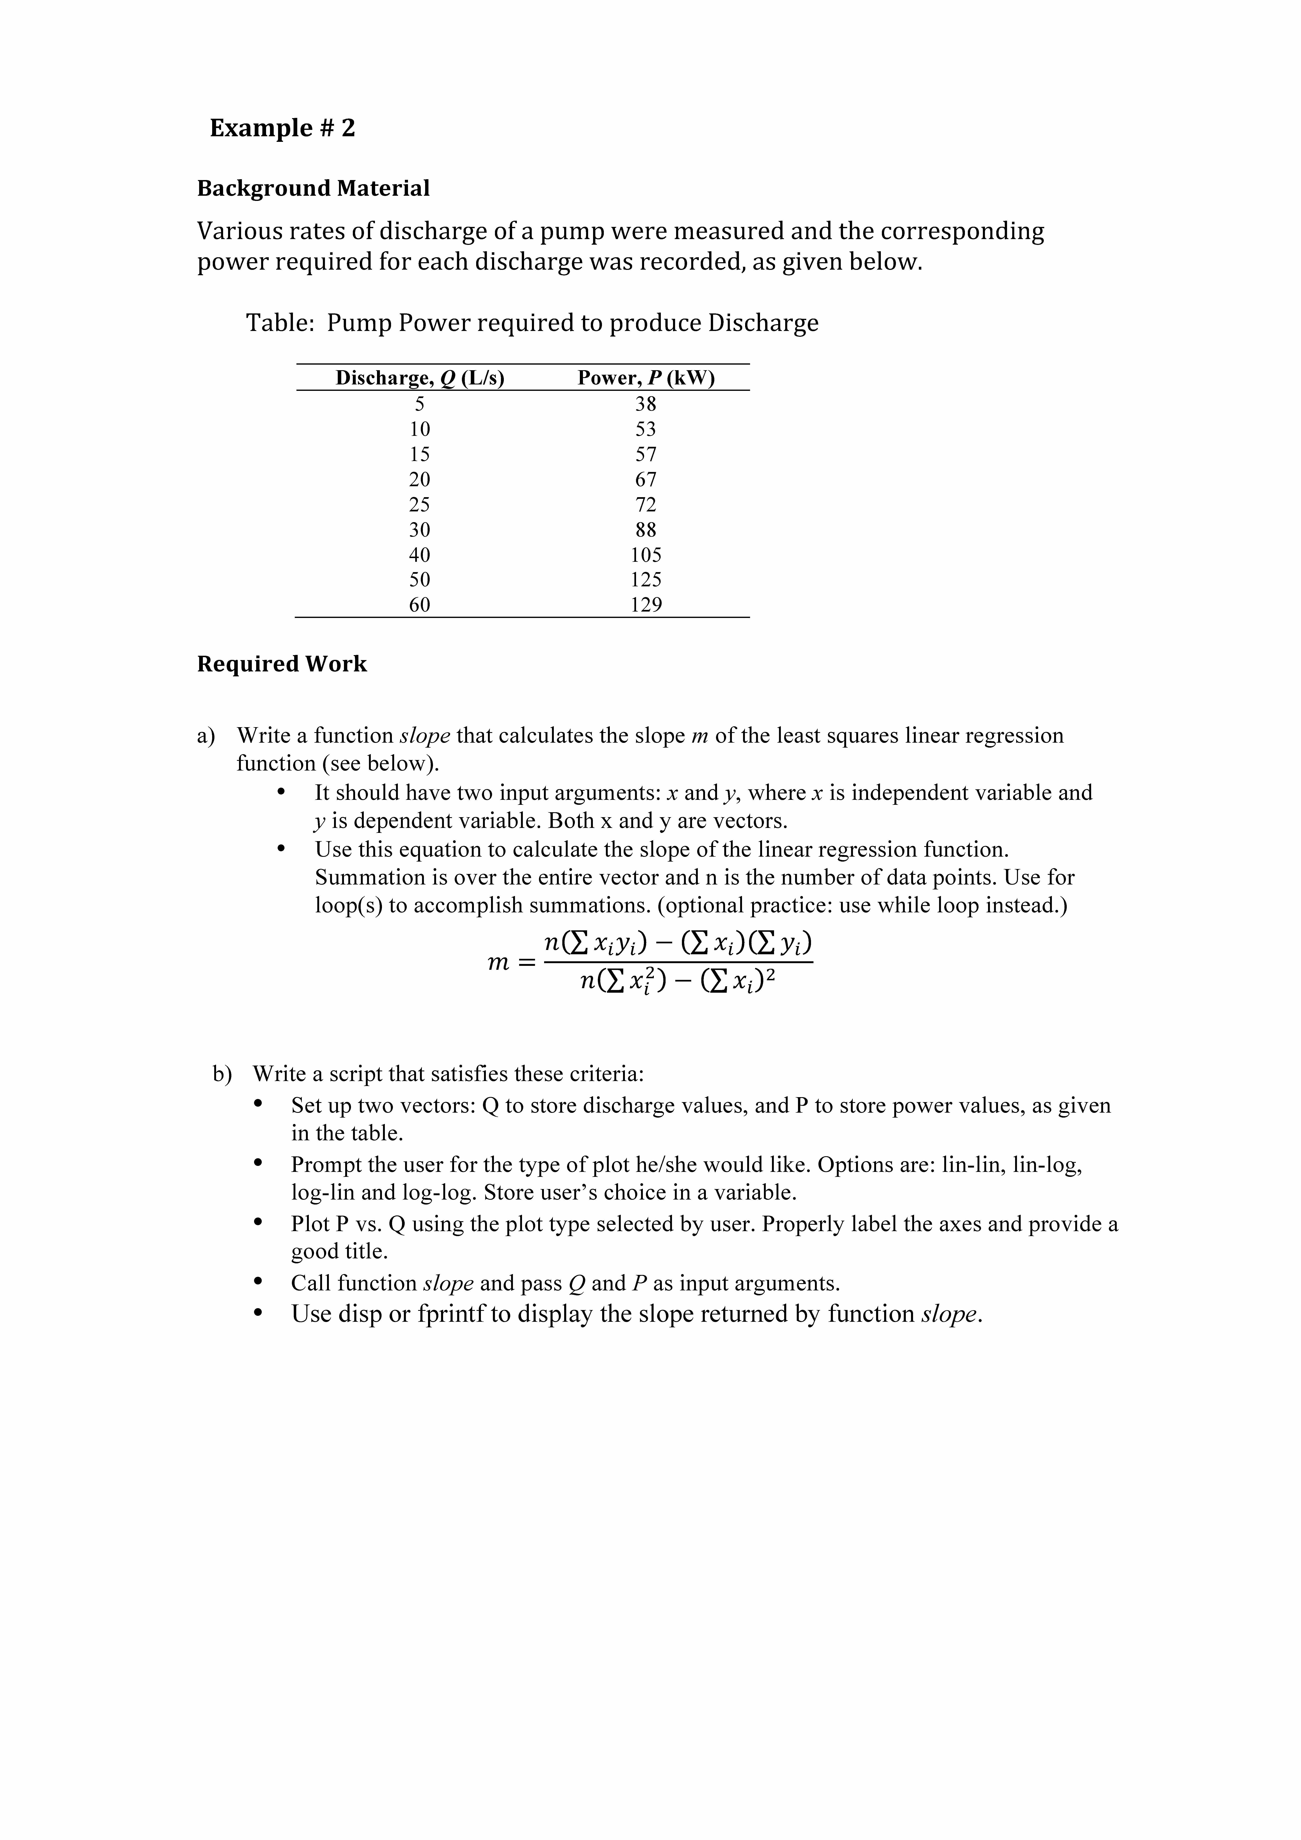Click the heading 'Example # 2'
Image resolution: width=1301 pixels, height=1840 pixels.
(282, 128)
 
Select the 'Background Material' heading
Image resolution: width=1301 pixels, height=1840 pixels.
(313, 188)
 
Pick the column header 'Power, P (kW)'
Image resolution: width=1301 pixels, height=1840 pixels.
(646, 377)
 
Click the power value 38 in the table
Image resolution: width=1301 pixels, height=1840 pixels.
(646, 404)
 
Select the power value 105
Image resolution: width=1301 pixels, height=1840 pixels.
(646, 555)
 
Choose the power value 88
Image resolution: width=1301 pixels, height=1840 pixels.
(646, 530)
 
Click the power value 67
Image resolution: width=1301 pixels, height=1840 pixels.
(646, 479)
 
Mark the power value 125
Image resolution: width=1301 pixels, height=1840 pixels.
(646, 579)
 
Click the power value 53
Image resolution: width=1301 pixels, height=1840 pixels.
(646, 429)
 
